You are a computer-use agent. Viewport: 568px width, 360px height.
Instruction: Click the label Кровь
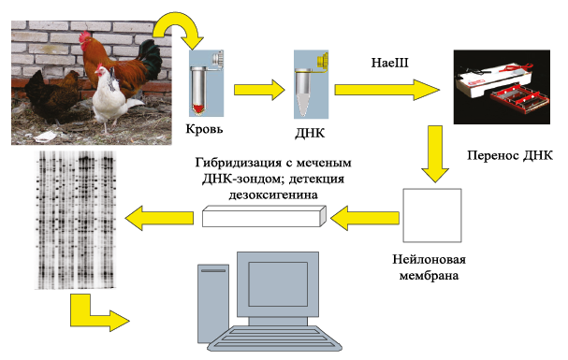(204, 129)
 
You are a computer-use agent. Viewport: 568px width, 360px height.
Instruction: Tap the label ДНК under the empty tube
(310, 133)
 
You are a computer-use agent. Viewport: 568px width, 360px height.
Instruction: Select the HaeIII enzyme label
(390, 63)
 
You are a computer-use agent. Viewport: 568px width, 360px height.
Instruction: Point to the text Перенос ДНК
(510, 155)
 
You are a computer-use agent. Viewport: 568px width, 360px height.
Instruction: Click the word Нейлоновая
(429, 259)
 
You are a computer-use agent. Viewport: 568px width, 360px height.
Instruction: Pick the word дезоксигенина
(273, 195)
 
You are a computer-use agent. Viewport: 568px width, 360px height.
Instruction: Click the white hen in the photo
(110, 96)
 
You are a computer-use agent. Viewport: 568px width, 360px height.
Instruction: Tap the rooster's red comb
(85, 36)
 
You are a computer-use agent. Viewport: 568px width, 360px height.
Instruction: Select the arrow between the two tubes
(259, 90)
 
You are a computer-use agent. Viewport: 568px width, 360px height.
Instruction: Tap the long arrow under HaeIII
(386, 90)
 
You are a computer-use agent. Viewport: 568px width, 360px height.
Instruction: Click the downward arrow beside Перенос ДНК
(435, 153)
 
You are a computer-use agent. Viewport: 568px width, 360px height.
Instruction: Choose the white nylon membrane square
(432, 215)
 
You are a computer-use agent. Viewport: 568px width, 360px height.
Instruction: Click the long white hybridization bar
(264, 216)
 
